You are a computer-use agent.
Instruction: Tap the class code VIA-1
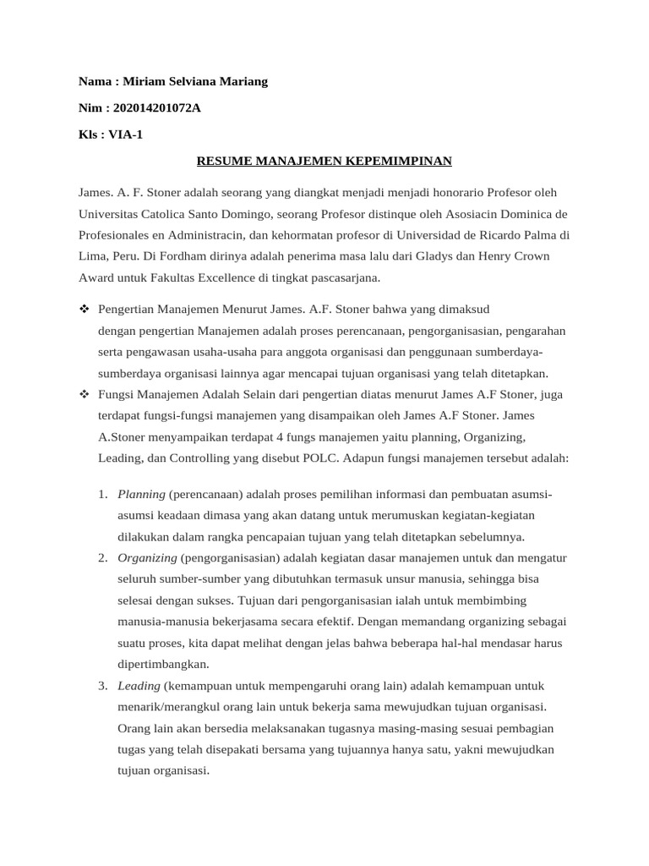pyautogui.click(x=125, y=134)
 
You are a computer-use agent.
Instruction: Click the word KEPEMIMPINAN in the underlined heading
pyautogui.click(x=400, y=160)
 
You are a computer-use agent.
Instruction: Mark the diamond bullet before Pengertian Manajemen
pyautogui.click(x=84, y=310)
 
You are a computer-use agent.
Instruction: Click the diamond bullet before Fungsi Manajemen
pyautogui.click(x=84, y=394)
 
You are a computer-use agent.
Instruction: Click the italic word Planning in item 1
pyautogui.click(x=141, y=494)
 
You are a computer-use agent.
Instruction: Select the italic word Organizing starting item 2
pyautogui.click(x=147, y=557)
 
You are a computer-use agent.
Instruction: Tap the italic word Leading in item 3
pyautogui.click(x=139, y=685)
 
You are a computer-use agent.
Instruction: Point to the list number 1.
pyautogui.click(x=101, y=494)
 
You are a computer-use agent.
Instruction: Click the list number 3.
pyautogui.click(x=101, y=685)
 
